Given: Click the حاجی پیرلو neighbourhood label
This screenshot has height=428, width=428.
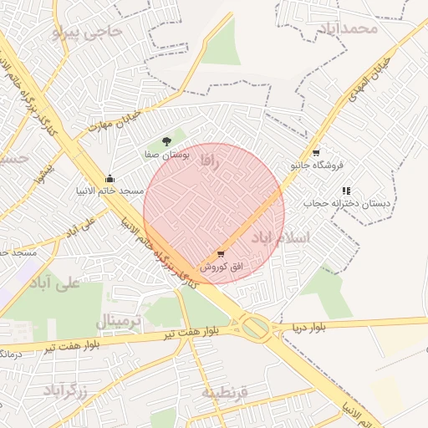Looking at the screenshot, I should click(87, 32).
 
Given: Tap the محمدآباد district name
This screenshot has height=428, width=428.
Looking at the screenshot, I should click(348, 28).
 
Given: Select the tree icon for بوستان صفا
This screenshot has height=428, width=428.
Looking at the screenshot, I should click(167, 142).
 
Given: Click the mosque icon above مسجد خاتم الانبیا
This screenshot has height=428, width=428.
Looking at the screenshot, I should click(110, 178).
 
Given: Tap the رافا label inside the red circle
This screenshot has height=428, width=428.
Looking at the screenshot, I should click(210, 161).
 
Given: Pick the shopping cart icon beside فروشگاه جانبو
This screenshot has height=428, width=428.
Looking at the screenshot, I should click(315, 153).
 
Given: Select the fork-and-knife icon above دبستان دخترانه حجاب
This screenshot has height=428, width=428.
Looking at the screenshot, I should click(346, 191).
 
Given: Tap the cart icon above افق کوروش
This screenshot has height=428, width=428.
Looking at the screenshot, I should click(221, 254).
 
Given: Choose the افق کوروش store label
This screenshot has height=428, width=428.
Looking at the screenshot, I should click(221, 267).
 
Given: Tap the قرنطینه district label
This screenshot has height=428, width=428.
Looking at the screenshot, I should click(227, 391).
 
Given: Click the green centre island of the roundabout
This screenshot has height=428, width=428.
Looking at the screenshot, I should click(257, 326).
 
